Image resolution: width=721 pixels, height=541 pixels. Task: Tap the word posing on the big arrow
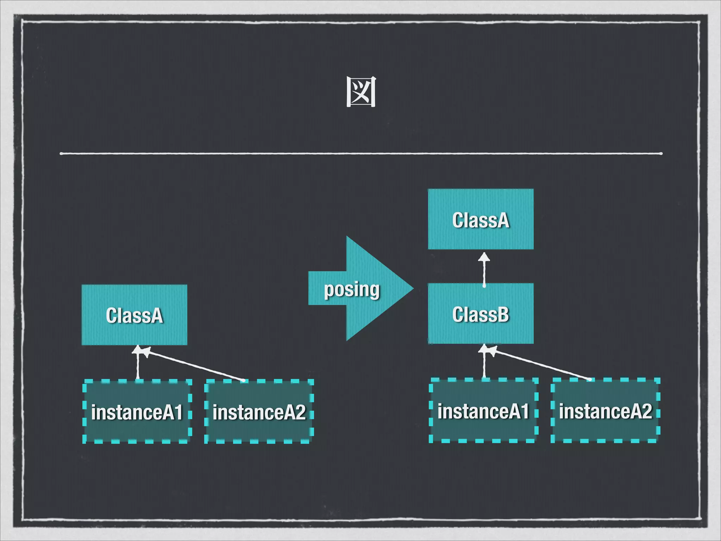click(351, 290)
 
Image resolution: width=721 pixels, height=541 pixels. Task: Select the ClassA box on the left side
click(134, 315)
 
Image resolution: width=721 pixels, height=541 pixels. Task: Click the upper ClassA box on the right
click(481, 219)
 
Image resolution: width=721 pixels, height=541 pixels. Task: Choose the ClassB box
click(481, 314)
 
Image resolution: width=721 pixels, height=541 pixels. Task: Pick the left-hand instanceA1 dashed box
click(137, 411)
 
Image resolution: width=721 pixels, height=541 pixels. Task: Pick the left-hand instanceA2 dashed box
click(259, 411)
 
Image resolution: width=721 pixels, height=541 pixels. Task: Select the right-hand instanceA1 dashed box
click(483, 410)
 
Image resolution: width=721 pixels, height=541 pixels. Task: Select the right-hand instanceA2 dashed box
click(605, 410)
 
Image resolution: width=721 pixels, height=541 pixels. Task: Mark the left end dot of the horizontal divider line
click(62, 153)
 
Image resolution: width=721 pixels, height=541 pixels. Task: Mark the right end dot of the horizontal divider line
click(661, 153)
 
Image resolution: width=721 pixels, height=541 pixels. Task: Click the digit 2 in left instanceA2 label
click(300, 412)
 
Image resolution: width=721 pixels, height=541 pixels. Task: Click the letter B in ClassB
click(503, 314)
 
